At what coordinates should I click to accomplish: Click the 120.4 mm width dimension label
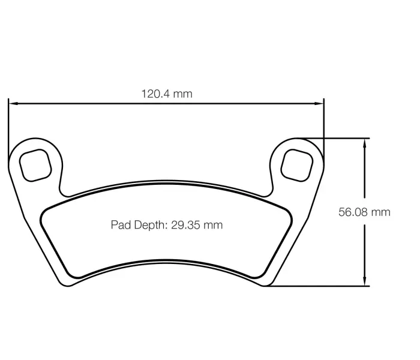(x=166, y=94)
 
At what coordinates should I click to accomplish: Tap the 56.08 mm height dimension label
(x=364, y=212)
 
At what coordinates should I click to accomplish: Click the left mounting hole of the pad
(x=35, y=163)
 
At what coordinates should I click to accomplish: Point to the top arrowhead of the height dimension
(x=364, y=143)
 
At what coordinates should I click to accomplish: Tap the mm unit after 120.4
(x=184, y=94)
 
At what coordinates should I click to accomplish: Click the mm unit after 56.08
(x=381, y=212)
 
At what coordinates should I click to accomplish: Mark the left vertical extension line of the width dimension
(x=8, y=126)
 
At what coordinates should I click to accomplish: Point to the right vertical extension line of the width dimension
(x=324, y=123)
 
